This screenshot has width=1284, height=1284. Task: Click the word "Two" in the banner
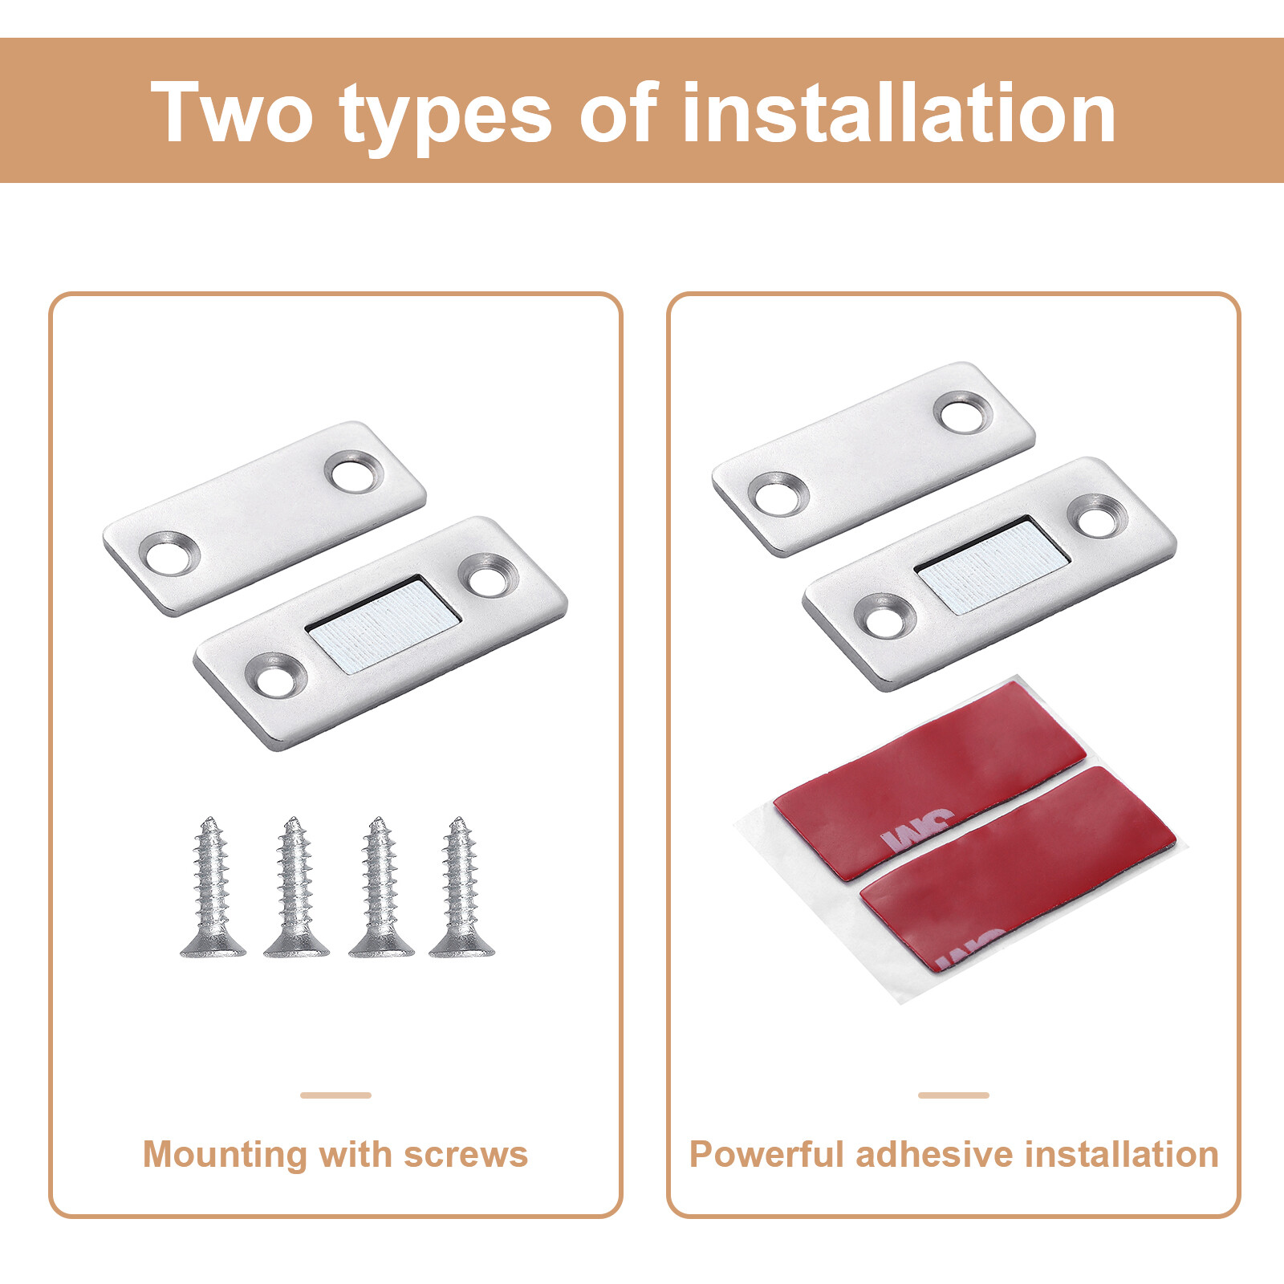click(x=231, y=112)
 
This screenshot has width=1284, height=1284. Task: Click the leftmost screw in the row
click(x=213, y=887)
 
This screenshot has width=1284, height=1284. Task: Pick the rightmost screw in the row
click(x=461, y=887)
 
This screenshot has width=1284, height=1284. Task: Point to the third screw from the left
click(x=381, y=887)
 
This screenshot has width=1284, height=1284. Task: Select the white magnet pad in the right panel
click(x=992, y=566)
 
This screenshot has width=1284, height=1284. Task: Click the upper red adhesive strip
click(x=929, y=779)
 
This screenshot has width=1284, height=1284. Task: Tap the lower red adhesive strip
click(x=1018, y=869)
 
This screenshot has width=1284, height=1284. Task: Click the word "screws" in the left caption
click(x=465, y=1155)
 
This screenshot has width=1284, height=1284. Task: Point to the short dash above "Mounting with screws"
click(x=336, y=1095)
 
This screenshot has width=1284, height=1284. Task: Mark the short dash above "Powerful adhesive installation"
click(x=954, y=1095)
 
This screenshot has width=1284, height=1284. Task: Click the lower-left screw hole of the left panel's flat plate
click(x=169, y=554)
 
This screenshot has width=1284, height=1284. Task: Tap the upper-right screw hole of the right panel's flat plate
click(x=963, y=414)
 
